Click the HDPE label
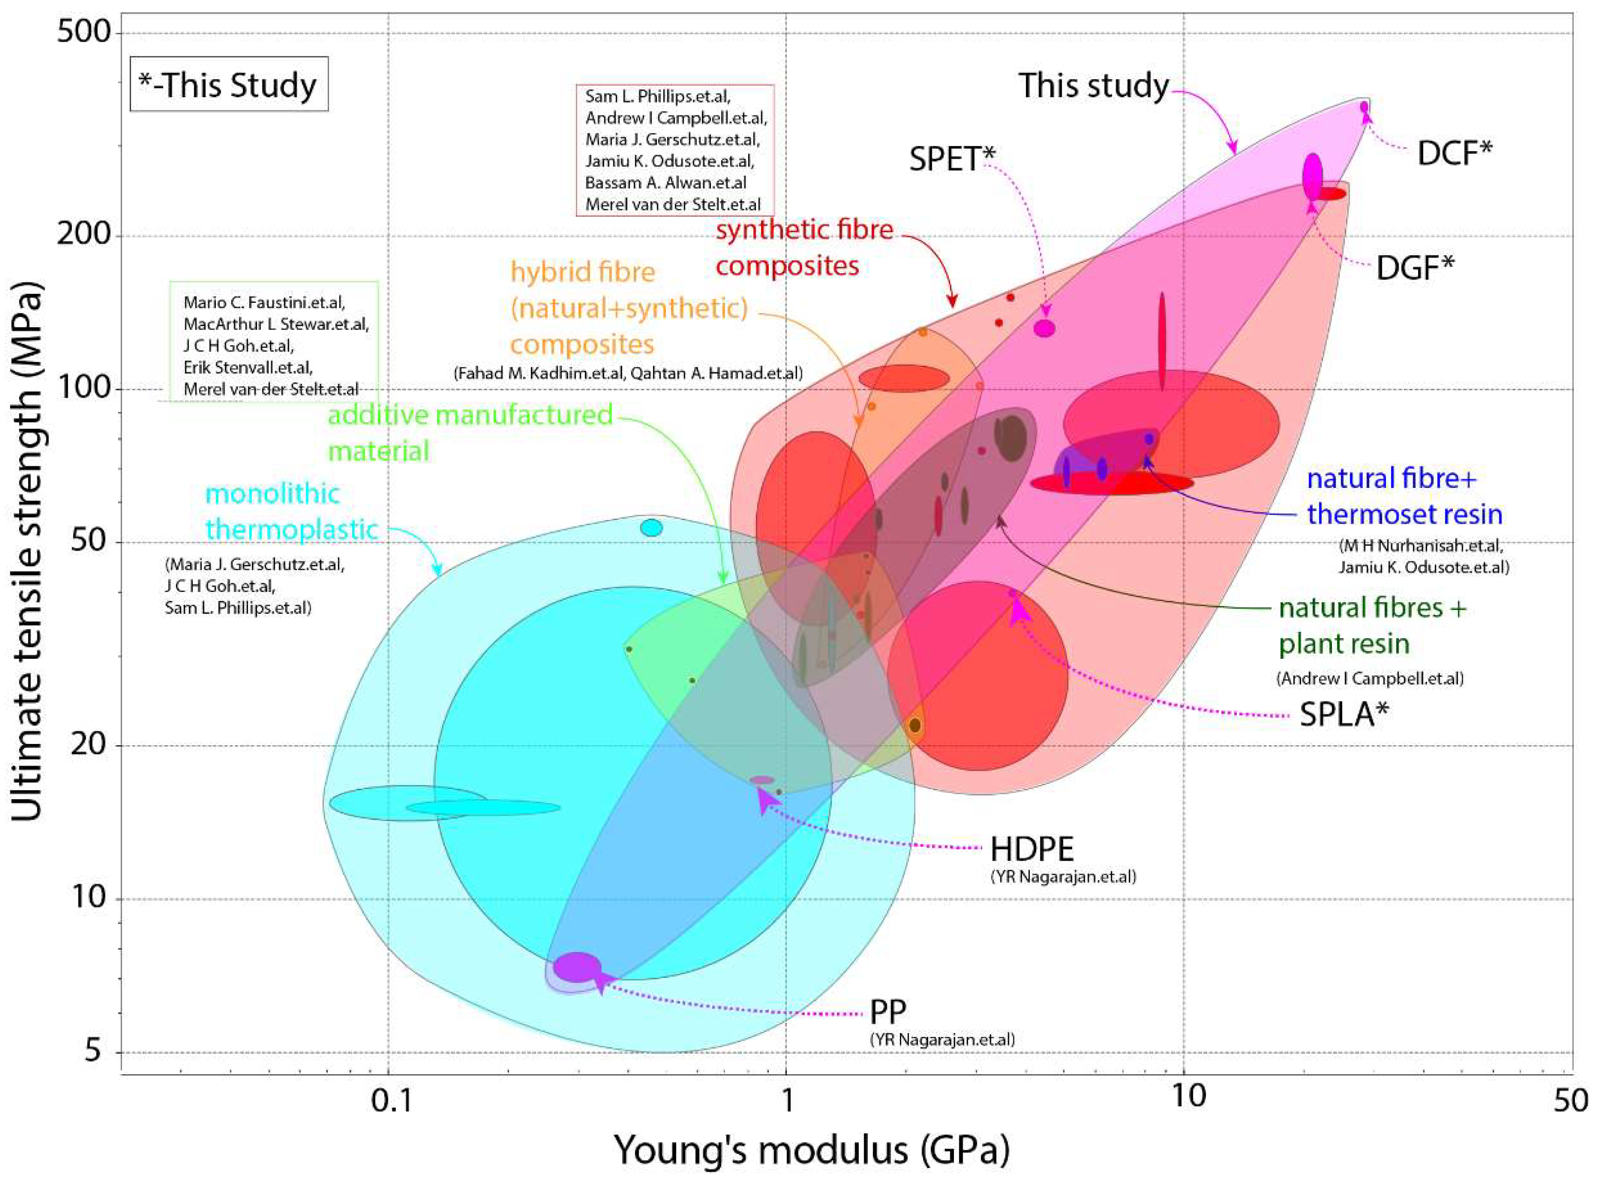1031,849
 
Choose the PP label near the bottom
888,1012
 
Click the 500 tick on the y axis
84,33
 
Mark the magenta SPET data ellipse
1045,328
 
